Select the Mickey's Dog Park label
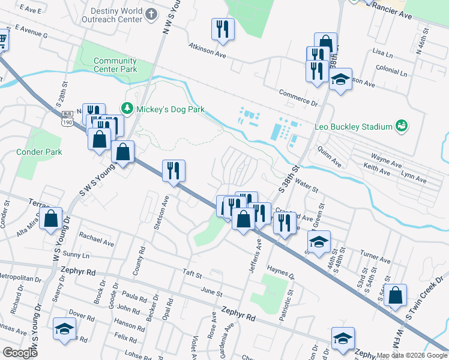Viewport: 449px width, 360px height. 170,109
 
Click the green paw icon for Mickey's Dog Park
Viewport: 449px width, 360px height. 127,109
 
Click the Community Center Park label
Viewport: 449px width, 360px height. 115,65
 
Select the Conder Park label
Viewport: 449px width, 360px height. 39,152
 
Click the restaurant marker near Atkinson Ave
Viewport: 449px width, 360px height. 223,29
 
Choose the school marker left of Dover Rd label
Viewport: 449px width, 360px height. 64,328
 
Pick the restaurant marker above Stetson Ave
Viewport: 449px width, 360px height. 173,170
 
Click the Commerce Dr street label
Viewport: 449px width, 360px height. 298,97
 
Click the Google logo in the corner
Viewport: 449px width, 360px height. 20,352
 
